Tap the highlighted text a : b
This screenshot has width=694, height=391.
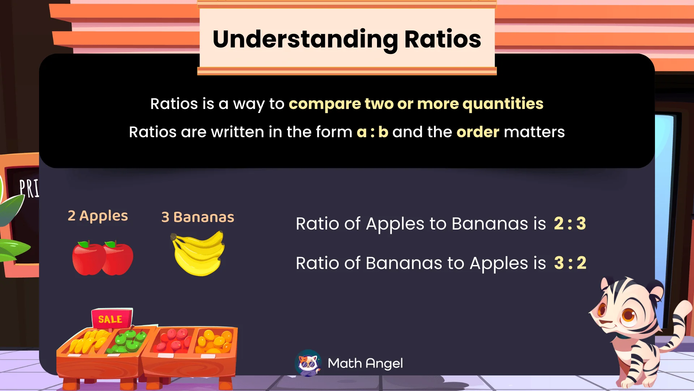coord(372,132)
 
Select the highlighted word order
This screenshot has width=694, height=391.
coord(477,132)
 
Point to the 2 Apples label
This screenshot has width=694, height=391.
coord(98,216)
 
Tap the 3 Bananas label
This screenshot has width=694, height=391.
coord(197,217)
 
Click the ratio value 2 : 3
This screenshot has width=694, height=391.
coord(570,223)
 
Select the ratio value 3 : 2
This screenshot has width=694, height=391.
coord(570,263)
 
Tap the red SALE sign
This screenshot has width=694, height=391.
coord(111,319)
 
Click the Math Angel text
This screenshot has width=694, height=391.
coord(365,363)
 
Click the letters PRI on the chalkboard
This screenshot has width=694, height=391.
coord(29,188)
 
